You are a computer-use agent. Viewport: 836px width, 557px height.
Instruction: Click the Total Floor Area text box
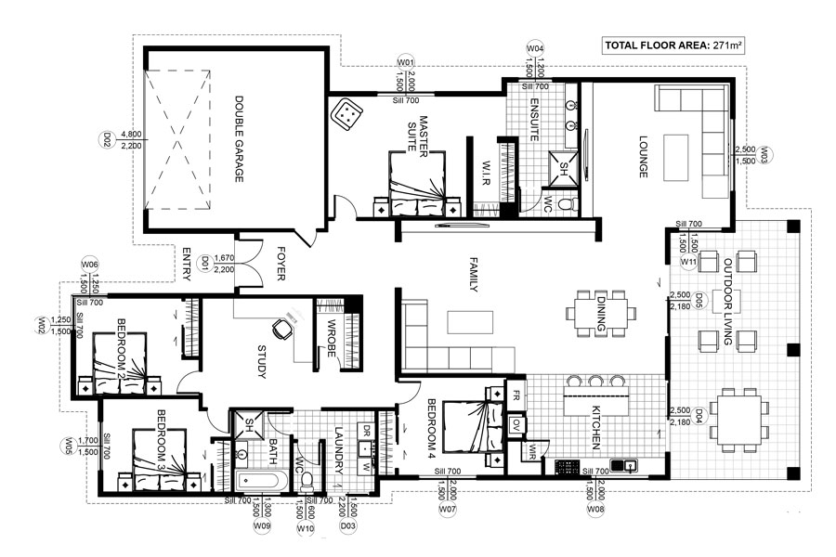click(673, 45)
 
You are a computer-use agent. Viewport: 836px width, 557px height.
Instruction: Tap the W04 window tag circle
click(535, 48)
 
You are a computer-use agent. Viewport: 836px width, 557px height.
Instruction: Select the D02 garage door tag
click(106, 139)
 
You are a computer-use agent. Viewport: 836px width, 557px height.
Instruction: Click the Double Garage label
click(239, 138)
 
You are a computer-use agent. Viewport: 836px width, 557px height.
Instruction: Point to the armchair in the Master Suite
click(347, 113)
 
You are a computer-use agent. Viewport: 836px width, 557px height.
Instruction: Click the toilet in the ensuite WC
click(567, 203)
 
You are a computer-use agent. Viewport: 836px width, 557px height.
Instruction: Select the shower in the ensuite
click(564, 167)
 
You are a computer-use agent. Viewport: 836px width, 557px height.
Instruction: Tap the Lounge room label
click(643, 157)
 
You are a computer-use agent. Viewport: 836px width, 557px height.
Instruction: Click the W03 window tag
click(764, 155)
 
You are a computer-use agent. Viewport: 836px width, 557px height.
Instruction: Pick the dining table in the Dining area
click(600, 313)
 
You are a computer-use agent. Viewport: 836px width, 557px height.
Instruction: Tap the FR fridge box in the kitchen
click(516, 395)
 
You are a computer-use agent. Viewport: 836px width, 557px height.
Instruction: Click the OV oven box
click(516, 424)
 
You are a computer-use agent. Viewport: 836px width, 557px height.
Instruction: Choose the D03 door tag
click(347, 526)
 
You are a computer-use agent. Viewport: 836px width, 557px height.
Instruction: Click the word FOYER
click(281, 264)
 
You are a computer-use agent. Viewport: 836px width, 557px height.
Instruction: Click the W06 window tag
click(89, 265)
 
